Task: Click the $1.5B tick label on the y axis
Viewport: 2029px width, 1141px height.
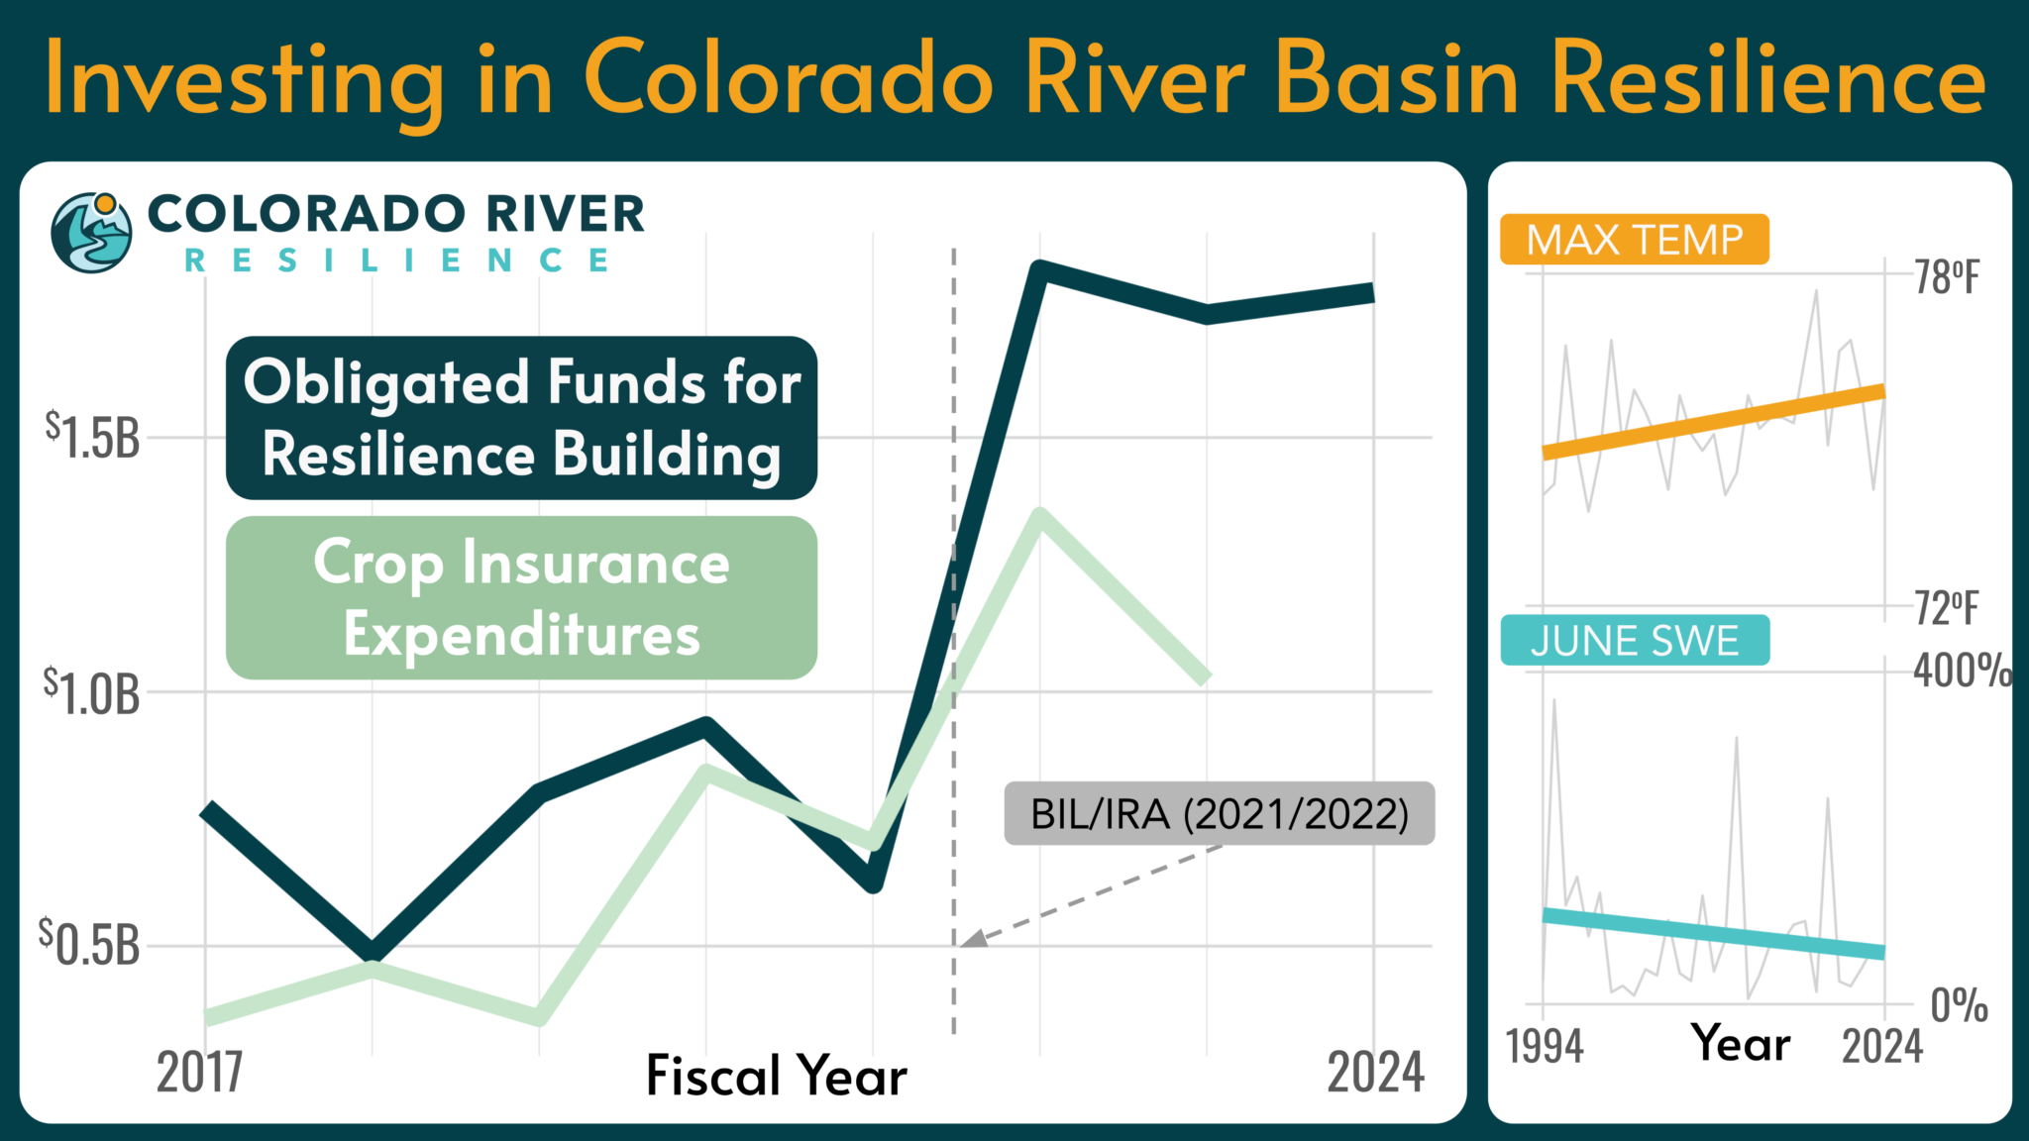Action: [x=92, y=437]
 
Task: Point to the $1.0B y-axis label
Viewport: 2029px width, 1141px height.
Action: [x=92, y=692]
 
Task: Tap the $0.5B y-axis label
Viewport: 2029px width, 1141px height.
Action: [x=90, y=944]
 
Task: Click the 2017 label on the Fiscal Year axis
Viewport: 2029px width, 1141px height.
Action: [x=199, y=1073]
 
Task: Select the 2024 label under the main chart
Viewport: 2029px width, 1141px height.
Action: [x=1375, y=1073]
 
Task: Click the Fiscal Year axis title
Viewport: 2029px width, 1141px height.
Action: [x=776, y=1076]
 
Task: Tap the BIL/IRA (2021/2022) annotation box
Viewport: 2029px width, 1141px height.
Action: [x=1219, y=814]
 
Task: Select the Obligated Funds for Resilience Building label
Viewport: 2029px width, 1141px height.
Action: [x=521, y=418]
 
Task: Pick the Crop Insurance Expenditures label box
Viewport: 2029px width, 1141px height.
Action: [x=521, y=597]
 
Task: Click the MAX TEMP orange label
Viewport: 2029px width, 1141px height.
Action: [x=1634, y=240]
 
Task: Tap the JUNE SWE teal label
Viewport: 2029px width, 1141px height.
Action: [x=1634, y=641]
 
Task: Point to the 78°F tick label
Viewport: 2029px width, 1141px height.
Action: [x=1946, y=278]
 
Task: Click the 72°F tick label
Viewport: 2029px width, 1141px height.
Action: [x=1946, y=608]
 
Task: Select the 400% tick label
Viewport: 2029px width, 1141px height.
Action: [x=1962, y=672]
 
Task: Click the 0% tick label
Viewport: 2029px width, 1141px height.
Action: [x=1959, y=1006]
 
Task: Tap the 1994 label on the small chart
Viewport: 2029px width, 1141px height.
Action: [x=1545, y=1046]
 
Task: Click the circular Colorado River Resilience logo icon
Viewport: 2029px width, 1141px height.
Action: [x=91, y=233]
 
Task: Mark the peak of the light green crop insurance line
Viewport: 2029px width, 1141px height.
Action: [x=1039, y=516]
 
